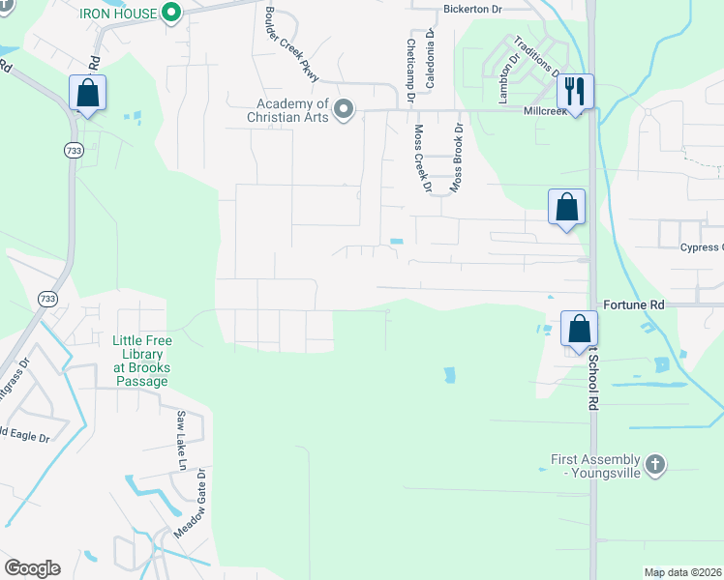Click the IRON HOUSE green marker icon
(x=172, y=13)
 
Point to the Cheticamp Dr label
(x=411, y=64)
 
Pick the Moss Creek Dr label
(x=421, y=158)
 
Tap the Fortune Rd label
(x=633, y=304)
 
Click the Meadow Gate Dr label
(x=190, y=504)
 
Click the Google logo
(x=32, y=568)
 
